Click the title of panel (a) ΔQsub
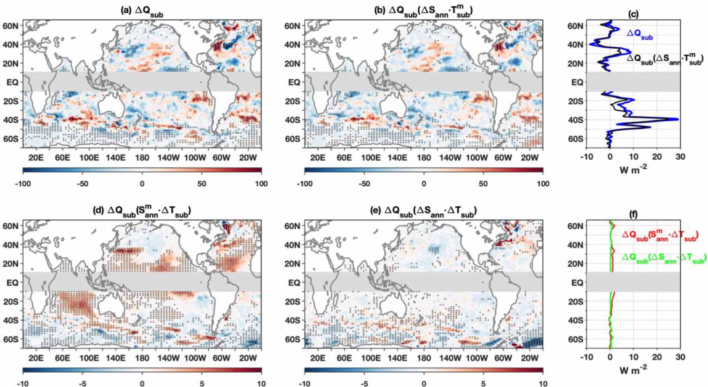142,13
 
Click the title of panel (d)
142,212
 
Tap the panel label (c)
633,14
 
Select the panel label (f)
633,214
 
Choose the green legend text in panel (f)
664,258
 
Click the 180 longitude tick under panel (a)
142,157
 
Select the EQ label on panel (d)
12,282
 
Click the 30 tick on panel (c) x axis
680,157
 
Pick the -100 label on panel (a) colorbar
23,184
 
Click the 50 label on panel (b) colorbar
483,184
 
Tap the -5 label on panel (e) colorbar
364,384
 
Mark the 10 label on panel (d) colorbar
261,384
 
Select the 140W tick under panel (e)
450,358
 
